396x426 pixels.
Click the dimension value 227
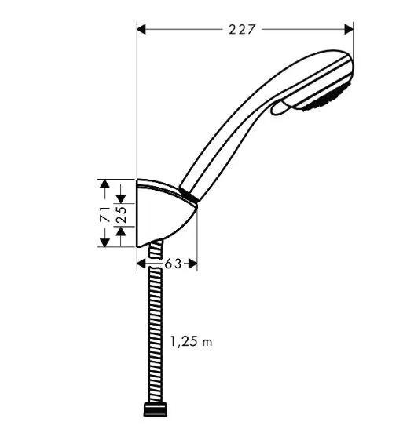(244, 29)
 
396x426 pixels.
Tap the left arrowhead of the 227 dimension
(141, 29)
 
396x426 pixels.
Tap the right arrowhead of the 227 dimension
(350, 29)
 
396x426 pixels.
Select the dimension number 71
(102, 213)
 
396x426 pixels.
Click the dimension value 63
(174, 264)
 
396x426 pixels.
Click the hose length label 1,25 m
(191, 342)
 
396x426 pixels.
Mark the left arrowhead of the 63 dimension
(141, 264)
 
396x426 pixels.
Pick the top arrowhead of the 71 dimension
(102, 183)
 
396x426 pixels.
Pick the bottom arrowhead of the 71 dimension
(102, 242)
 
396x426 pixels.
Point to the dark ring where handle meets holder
(186, 192)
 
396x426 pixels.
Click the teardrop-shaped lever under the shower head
(284, 111)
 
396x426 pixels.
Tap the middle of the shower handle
(236, 133)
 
